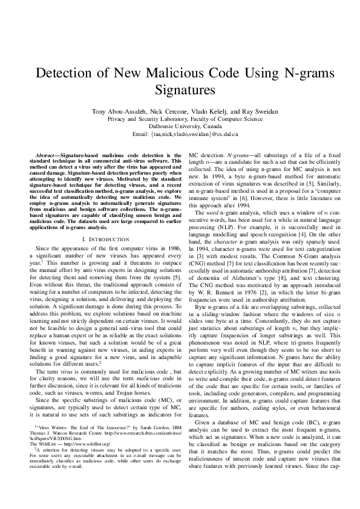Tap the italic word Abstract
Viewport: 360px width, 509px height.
[x=47, y=156]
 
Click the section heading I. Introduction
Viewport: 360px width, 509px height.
[x=101, y=223]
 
